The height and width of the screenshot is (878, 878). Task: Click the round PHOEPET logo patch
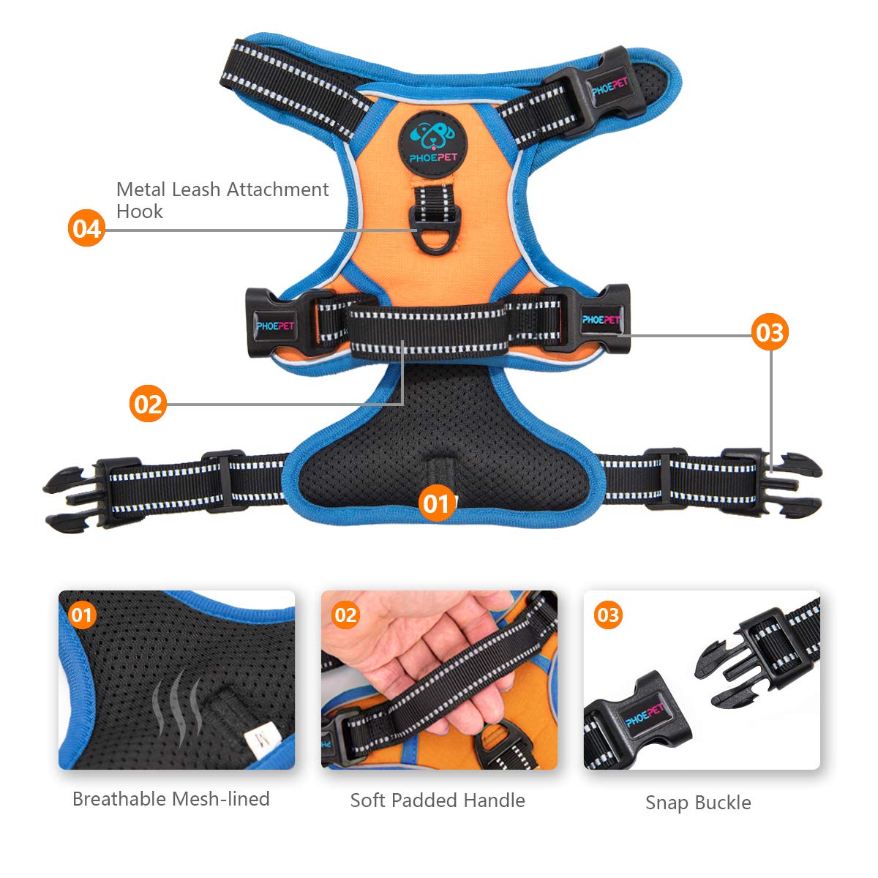click(x=433, y=143)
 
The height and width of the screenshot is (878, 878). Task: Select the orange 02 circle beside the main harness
click(x=148, y=403)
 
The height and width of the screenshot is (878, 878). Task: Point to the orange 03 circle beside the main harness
click(x=770, y=331)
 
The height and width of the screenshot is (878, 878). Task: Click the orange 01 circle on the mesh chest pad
click(x=437, y=503)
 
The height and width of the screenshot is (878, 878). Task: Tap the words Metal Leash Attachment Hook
click(x=222, y=200)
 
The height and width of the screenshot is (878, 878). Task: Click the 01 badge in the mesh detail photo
click(x=82, y=615)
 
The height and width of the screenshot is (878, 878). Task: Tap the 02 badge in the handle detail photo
click(x=345, y=615)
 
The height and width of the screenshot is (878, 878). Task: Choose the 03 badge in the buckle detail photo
click(x=608, y=615)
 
